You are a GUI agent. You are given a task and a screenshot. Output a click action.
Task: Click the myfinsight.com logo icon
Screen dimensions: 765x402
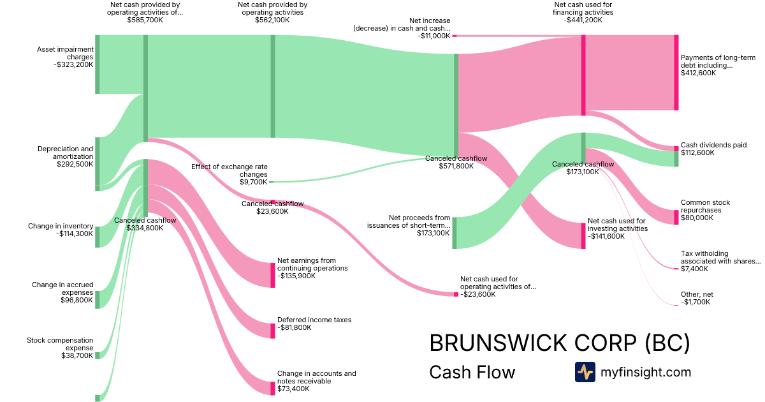(x=585, y=372)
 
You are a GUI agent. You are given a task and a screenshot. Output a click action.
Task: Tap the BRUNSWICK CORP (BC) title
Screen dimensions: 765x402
(x=560, y=343)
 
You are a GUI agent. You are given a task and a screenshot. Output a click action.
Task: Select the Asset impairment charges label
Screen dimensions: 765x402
(x=65, y=53)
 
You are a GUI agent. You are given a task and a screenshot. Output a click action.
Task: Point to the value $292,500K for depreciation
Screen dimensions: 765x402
(x=75, y=164)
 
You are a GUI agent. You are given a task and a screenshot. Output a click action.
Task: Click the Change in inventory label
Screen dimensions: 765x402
(x=61, y=226)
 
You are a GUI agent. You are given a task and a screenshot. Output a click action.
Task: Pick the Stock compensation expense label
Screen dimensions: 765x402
(x=60, y=344)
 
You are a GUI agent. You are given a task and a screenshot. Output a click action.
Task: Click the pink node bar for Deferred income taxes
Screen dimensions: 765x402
(x=273, y=331)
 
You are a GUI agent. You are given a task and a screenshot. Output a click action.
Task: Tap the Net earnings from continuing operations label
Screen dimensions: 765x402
(x=312, y=264)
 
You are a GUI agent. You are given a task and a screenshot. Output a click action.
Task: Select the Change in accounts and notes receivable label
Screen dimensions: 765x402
(x=317, y=377)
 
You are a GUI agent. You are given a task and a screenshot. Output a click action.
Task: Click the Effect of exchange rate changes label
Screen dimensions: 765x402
(x=229, y=170)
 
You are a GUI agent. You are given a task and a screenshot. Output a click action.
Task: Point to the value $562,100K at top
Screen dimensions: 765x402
(x=272, y=20)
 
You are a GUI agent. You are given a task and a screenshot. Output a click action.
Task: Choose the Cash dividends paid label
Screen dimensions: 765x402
(x=714, y=145)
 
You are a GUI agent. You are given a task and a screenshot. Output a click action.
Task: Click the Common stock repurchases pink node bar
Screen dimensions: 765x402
(x=676, y=218)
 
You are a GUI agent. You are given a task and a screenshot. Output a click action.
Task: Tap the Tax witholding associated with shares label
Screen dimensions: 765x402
(x=721, y=257)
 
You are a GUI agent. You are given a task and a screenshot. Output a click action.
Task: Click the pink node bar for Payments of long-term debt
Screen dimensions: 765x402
(x=676, y=73)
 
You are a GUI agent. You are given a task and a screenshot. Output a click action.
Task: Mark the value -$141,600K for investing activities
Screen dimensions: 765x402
(x=606, y=236)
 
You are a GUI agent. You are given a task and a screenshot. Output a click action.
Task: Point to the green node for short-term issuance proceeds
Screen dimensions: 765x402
(x=455, y=233)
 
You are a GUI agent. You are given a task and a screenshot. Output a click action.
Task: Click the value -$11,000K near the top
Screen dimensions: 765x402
(x=434, y=36)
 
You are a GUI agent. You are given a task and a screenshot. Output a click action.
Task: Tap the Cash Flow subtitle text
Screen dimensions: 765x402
(x=472, y=372)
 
